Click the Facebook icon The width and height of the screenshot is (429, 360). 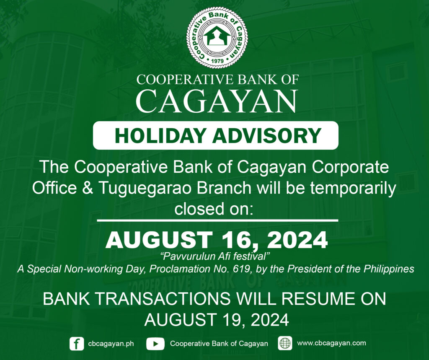click(77, 344)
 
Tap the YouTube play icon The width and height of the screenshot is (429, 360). click(155, 344)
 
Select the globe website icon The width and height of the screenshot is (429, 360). click(285, 343)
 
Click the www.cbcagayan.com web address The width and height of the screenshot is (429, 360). click(331, 343)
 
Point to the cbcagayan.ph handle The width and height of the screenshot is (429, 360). click(111, 344)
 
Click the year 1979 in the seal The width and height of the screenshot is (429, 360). click(217, 61)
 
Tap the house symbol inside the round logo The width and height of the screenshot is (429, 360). click(217, 36)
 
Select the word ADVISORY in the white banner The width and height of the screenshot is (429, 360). click(267, 136)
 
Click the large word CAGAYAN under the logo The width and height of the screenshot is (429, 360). click(217, 101)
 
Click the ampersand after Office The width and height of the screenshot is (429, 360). click(87, 188)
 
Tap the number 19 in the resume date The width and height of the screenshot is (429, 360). click(233, 320)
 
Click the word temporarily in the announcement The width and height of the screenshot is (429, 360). click(353, 188)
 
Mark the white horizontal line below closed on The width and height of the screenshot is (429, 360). click(217, 220)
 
